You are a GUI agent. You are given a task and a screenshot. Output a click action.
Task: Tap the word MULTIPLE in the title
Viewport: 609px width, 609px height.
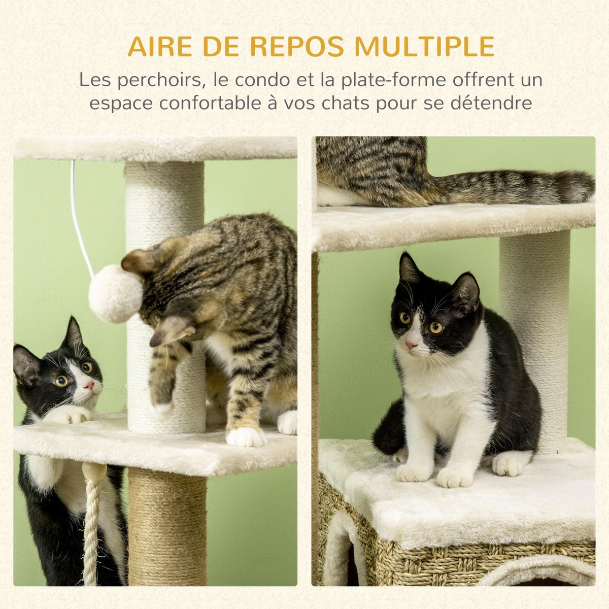point(425,47)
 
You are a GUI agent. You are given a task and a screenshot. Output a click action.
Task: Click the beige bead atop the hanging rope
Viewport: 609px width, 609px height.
point(94,471)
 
